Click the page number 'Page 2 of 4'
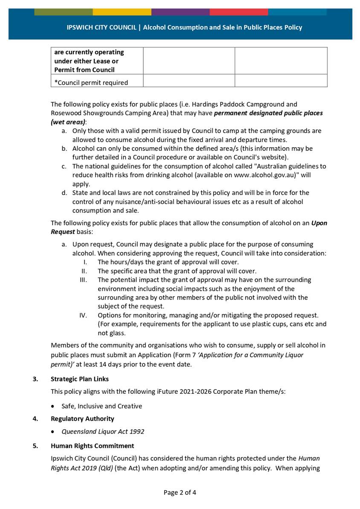180,492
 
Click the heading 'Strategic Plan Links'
79,379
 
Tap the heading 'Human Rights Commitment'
92,445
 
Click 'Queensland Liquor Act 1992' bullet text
103,431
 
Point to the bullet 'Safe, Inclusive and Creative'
102,406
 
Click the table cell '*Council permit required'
91,83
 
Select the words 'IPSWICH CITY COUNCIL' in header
102,27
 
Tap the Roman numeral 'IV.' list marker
83,315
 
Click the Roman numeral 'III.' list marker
83,280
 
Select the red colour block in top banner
238,12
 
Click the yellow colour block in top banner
122,12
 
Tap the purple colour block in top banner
180,12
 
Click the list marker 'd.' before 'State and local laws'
64,193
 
